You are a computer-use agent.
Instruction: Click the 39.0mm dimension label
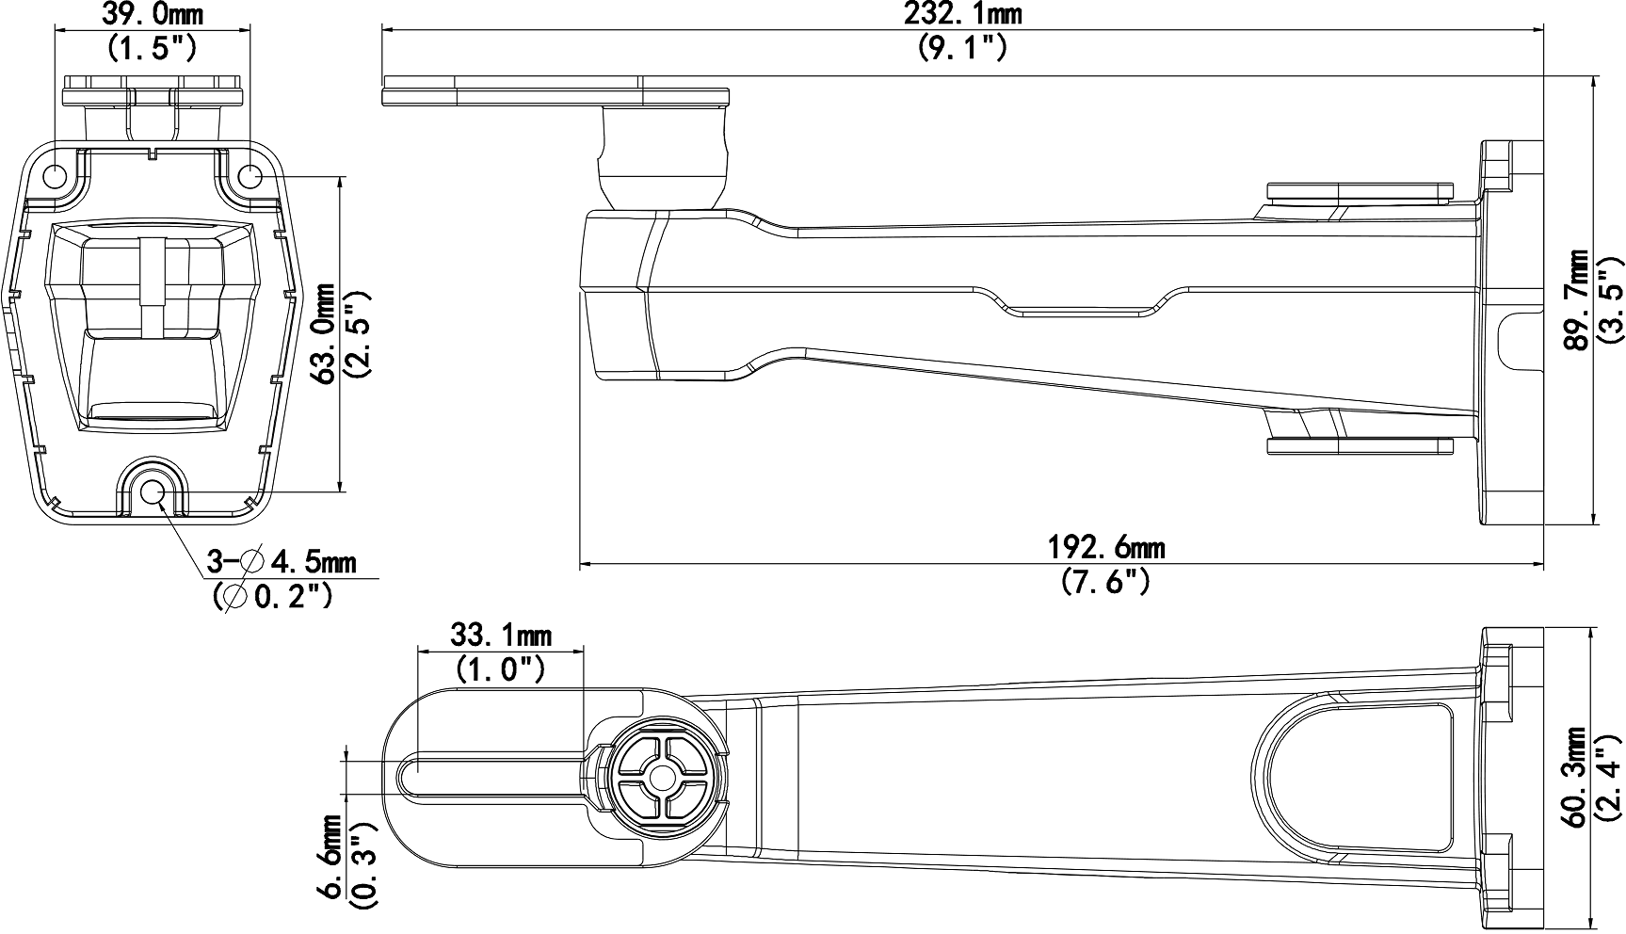[x=152, y=14]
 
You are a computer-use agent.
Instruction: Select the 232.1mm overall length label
[x=962, y=14]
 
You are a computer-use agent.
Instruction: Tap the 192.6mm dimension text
[x=1106, y=547]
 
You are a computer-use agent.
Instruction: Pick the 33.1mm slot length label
[x=501, y=636]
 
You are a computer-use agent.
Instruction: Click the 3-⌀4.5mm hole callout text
[x=282, y=563]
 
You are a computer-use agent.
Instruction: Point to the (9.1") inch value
[x=962, y=47]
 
